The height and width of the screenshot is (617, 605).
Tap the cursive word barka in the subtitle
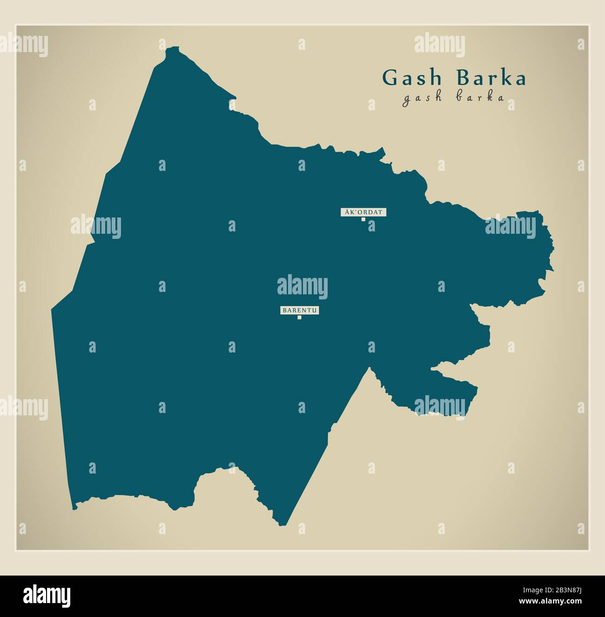click(482, 98)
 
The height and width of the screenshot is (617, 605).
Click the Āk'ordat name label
click(363, 212)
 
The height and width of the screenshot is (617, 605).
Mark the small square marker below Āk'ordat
click(363, 219)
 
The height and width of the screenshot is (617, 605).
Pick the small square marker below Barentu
click(300, 318)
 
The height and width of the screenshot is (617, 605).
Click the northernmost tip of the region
click(173, 47)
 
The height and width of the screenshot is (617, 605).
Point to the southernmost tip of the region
click(282, 525)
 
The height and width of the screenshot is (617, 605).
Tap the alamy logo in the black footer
click(47, 596)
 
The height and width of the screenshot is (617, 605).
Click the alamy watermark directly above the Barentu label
click(302, 287)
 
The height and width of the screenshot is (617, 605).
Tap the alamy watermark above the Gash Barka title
click(439, 45)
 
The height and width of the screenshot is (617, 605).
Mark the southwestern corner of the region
click(73, 509)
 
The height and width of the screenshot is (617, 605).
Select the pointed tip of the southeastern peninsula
click(477, 387)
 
